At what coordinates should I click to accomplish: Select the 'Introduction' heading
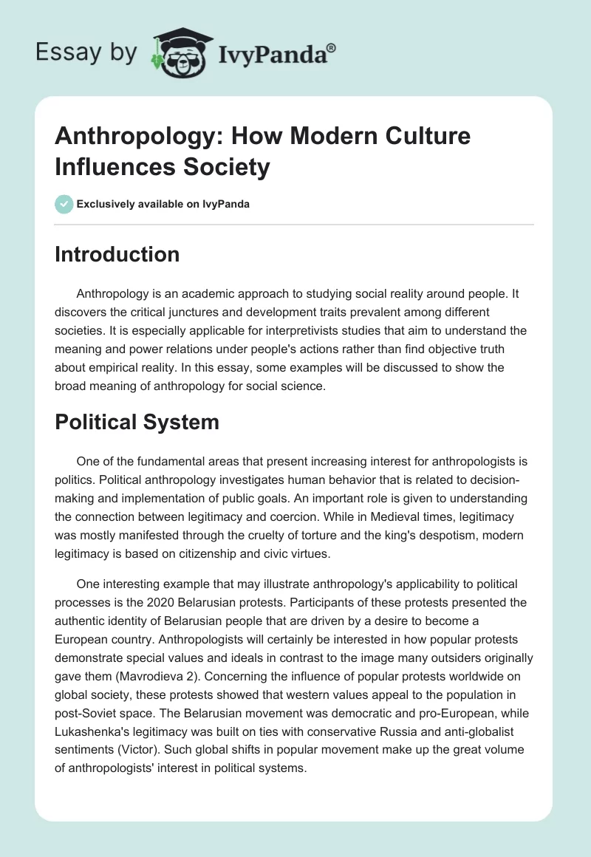[117, 254]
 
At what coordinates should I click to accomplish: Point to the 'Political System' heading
[137, 422]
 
